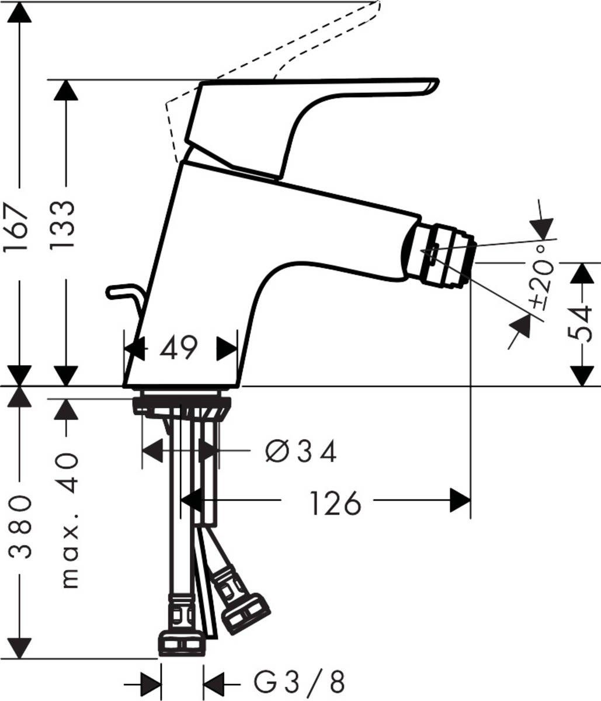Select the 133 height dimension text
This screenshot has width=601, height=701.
click(x=63, y=225)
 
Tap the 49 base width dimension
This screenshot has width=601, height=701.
click(x=180, y=349)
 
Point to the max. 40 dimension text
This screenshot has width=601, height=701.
click(x=69, y=520)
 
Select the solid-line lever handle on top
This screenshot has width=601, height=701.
click(x=304, y=111)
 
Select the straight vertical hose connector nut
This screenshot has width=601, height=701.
click(x=182, y=643)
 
